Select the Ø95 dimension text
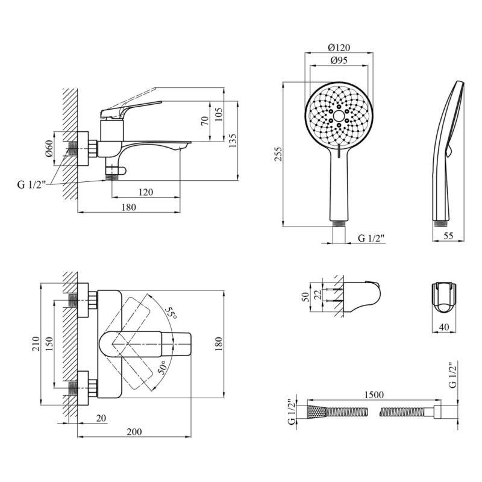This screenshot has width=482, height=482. (340, 61)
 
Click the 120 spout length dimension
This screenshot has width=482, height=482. (145, 192)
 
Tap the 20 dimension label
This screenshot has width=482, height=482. (101, 418)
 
